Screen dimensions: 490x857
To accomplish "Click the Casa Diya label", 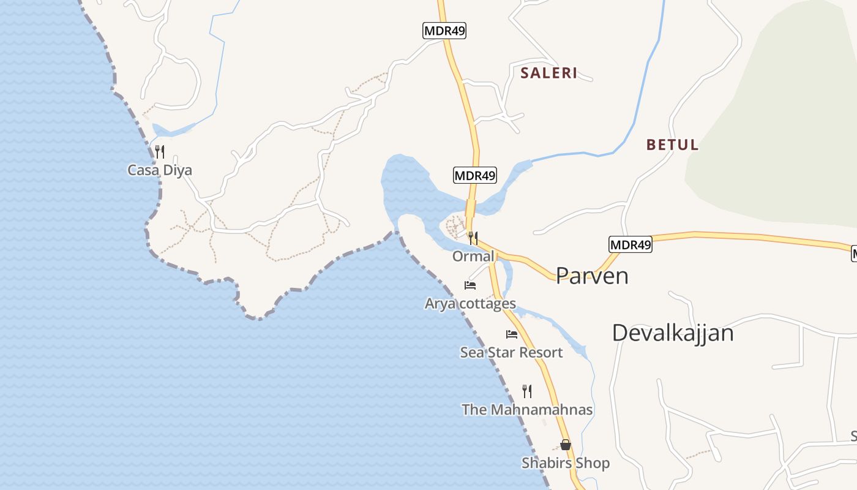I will pyautogui.click(x=160, y=170).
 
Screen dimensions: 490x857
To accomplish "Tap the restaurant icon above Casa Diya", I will pyautogui.click(x=160, y=151).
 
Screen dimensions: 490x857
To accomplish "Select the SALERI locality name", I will pyautogui.click(x=549, y=73).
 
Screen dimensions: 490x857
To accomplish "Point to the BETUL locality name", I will pyautogui.click(x=673, y=145).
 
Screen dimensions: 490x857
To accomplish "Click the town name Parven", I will pyautogui.click(x=592, y=276).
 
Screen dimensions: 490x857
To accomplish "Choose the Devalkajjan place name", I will pyautogui.click(x=673, y=333).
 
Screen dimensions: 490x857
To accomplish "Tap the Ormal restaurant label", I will pyautogui.click(x=473, y=256).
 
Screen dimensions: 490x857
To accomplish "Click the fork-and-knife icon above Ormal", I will pyautogui.click(x=473, y=238).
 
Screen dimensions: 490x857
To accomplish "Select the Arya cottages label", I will pyautogui.click(x=470, y=303).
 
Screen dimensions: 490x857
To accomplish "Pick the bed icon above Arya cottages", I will pyautogui.click(x=470, y=285).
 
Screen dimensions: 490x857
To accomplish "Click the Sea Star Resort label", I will pyautogui.click(x=511, y=352).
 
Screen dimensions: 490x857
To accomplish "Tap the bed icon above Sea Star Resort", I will pyautogui.click(x=512, y=334).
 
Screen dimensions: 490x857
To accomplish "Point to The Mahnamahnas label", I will pyautogui.click(x=527, y=409).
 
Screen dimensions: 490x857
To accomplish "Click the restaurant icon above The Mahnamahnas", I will pyautogui.click(x=527, y=391).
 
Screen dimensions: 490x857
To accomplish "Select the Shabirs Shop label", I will pyautogui.click(x=566, y=463).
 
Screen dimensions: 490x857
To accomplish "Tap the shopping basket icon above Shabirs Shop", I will pyautogui.click(x=566, y=445).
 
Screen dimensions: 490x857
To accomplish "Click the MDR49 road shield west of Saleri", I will pyautogui.click(x=444, y=31).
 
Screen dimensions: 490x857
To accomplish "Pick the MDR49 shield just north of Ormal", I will pyautogui.click(x=475, y=175).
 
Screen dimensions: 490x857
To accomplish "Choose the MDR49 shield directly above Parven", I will pyautogui.click(x=631, y=245).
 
